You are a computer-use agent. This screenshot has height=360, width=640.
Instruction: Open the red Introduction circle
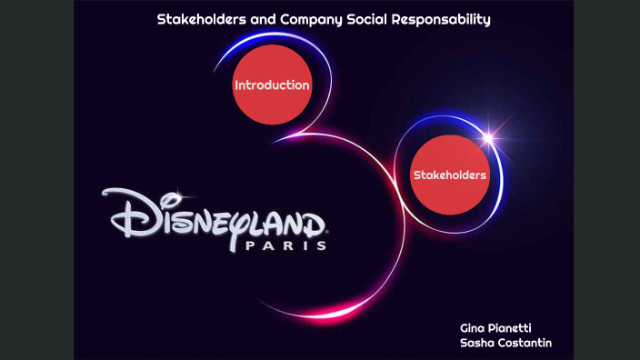(272, 85)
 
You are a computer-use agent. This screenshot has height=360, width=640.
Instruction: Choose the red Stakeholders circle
(450, 175)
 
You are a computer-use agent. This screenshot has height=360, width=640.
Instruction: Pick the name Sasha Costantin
(506, 343)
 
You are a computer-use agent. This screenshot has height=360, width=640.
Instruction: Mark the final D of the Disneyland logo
(309, 222)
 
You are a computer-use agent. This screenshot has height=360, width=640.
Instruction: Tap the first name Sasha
(478, 343)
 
